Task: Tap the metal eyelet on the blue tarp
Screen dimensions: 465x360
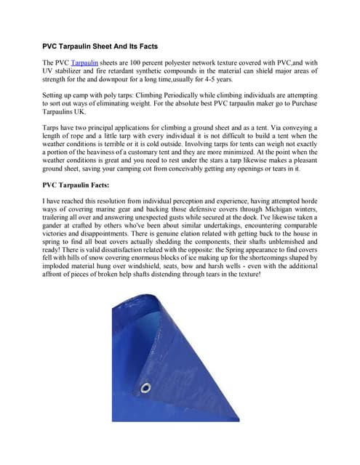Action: [145, 388]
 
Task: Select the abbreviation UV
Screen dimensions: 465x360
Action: [50, 73]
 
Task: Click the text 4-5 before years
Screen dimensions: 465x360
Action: [193, 81]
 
